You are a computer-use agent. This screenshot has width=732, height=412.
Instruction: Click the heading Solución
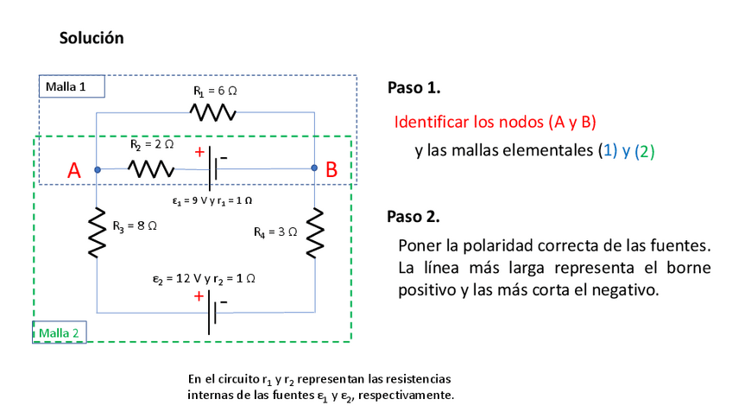tap(91, 38)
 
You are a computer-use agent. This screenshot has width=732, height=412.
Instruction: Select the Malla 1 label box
tap(72, 86)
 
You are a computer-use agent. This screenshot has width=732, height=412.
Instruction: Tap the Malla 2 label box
tap(59, 333)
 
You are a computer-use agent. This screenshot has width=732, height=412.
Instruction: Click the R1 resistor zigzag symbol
tap(212, 113)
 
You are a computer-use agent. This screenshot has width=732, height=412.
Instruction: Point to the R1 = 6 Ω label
tap(215, 91)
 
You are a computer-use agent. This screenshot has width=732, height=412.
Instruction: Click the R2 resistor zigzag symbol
tap(151, 169)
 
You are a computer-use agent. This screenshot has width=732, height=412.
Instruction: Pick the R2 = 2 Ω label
tap(152, 145)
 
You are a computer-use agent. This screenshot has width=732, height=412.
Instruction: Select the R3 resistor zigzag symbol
tap(98, 231)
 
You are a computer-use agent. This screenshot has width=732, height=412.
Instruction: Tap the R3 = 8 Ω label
tap(135, 227)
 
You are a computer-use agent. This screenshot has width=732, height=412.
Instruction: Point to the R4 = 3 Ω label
tap(275, 232)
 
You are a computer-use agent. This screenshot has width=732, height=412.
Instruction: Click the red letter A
tap(74, 171)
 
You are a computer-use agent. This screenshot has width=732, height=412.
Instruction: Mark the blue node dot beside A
tap(98, 169)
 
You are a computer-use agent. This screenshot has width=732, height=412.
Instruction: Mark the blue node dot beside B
tap(313, 169)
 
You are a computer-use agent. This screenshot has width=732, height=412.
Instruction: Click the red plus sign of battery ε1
tap(199, 152)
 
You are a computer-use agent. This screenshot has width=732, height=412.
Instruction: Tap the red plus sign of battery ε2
tap(199, 295)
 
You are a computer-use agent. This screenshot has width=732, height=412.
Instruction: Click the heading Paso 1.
tap(414, 88)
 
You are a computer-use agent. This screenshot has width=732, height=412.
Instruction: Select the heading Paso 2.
tap(414, 216)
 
